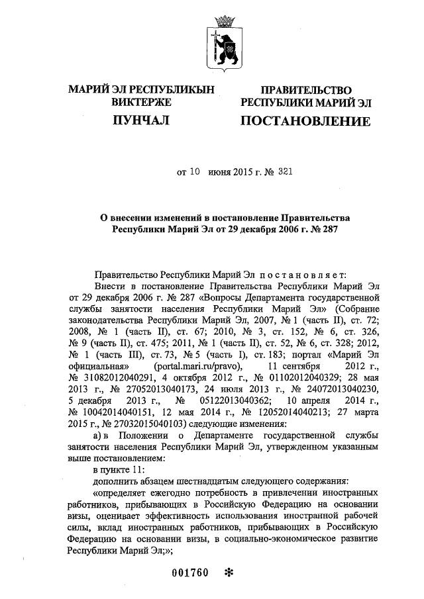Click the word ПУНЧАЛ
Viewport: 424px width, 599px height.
coord(142,120)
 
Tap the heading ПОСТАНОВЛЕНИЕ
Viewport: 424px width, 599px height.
coord(305,121)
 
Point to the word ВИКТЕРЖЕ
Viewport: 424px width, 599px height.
coord(142,103)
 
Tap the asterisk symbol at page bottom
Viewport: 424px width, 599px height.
coord(229,573)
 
